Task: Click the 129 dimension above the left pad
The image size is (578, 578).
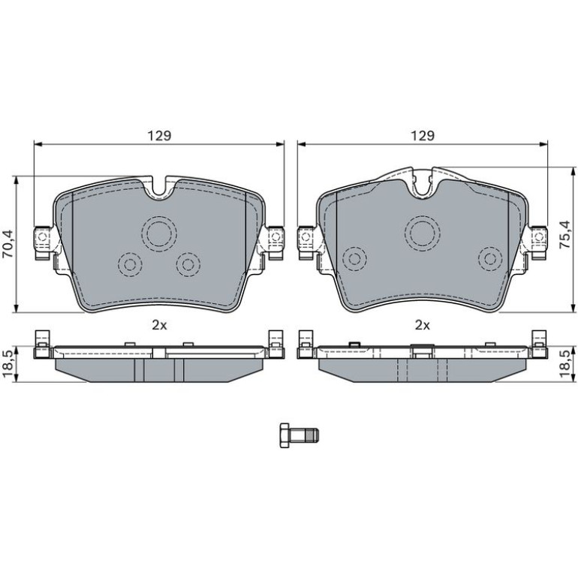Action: (160, 135)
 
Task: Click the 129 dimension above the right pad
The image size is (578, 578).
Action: (423, 135)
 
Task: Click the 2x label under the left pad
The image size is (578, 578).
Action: (160, 325)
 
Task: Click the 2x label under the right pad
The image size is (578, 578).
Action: (423, 325)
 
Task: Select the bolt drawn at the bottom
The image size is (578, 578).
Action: (300, 435)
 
